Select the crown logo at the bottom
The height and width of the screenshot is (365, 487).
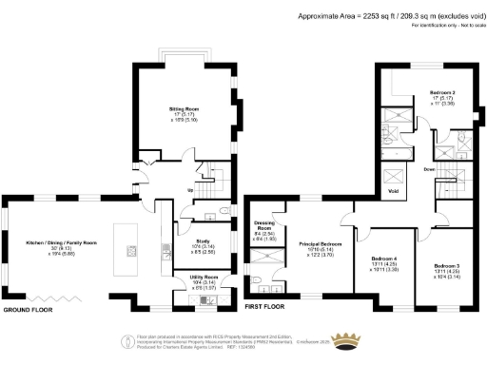pos(354,342)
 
